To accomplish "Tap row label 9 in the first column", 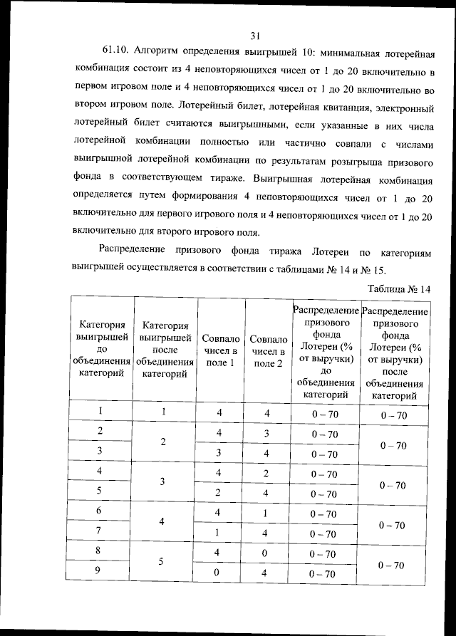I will tap(100, 571).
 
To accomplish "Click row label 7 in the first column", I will tap(100, 531).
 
